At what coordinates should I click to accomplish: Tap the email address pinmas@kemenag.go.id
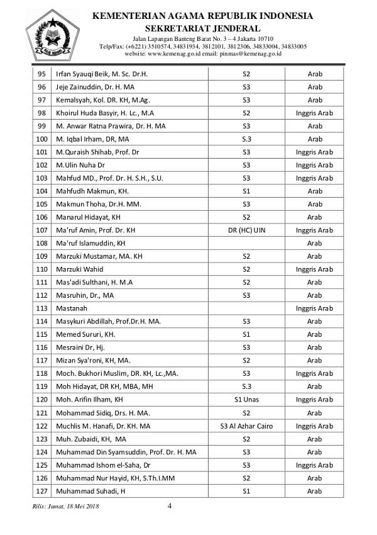[x=249, y=54]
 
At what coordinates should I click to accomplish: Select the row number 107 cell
[x=42, y=230]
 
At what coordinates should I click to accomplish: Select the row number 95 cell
[x=42, y=74]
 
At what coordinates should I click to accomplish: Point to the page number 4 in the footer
[x=170, y=505]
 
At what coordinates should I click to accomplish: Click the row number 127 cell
[x=42, y=491]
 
